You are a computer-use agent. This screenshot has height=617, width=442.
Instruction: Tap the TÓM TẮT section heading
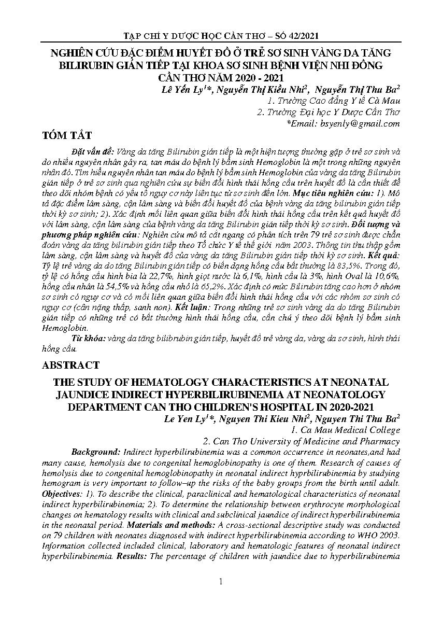click(x=67, y=136)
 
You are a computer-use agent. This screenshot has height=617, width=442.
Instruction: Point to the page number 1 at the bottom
click(x=221, y=582)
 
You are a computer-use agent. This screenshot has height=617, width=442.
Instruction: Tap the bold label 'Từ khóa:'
click(x=88, y=338)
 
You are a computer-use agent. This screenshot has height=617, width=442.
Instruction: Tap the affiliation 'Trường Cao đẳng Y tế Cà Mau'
click(x=336, y=101)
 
